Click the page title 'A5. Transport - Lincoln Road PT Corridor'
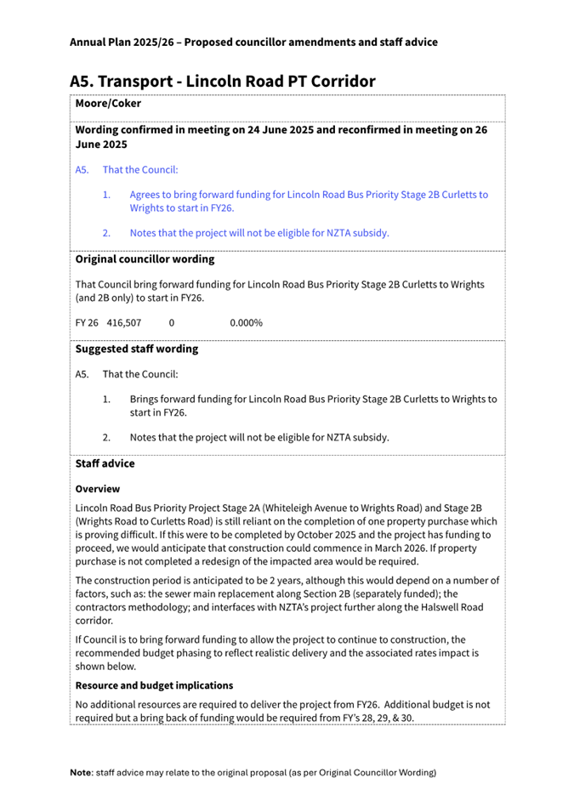[222, 82]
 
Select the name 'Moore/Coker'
[108, 104]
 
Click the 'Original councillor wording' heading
[145, 258]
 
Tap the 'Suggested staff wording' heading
[136, 349]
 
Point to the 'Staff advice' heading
[105, 463]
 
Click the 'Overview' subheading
[97, 489]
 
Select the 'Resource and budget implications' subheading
[154, 685]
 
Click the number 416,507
[124, 323]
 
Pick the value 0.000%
[246, 323]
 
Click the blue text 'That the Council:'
[140, 170]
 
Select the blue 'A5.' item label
[82, 170]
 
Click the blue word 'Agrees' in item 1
[146, 195]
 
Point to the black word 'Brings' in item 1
[145, 399]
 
